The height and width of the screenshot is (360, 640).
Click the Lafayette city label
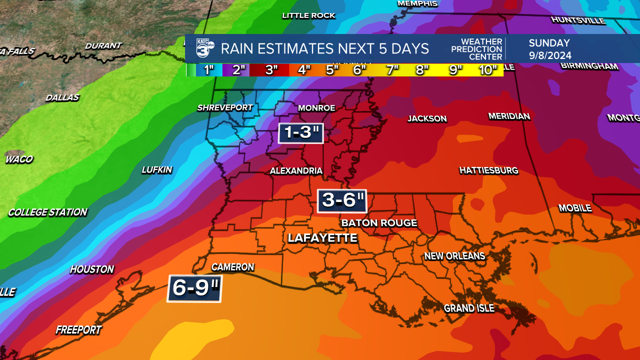[x=322, y=238]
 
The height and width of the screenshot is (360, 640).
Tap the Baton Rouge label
[x=378, y=223]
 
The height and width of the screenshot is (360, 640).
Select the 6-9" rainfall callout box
[x=194, y=288]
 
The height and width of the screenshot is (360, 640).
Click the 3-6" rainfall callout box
[x=342, y=201]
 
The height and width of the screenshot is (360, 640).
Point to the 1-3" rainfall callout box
[x=301, y=133]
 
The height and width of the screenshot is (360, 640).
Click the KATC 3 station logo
[x=204, y=48]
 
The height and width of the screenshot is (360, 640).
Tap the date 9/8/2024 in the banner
[x=550, y=56]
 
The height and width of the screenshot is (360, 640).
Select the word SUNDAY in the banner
[x=549, y=43]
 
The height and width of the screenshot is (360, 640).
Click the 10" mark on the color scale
[x=488, y=70]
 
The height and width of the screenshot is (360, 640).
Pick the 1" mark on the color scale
[x=209, y=70]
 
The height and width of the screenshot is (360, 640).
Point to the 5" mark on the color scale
[x=332, y=70]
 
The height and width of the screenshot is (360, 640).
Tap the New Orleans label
[x=454, y=256]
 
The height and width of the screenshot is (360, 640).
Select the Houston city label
[x=92, y=269]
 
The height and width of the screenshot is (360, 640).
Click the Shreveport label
[x=225, y=107]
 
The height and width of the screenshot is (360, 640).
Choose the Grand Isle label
[x=469, y=308]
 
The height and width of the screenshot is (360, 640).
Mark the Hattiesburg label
[x=488, y=171]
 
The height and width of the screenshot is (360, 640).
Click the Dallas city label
[x=62, y=97]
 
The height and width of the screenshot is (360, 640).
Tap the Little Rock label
[x=308, y=15]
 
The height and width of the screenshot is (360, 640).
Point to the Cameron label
[x=232, y=267]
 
